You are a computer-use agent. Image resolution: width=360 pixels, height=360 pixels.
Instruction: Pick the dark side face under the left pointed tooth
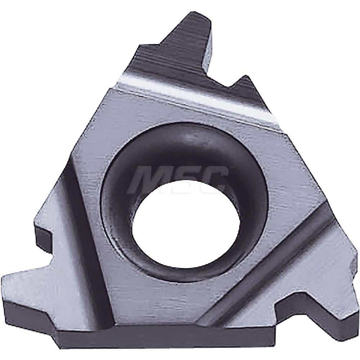32,310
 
